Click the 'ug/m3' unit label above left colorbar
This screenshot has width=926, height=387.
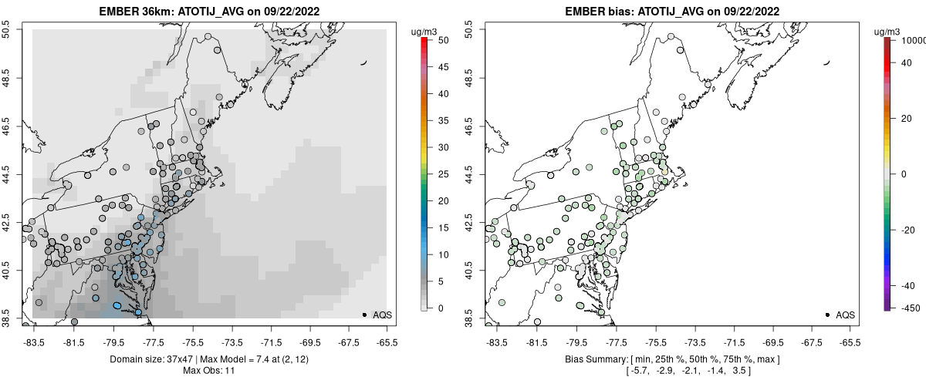[x=424, y=31]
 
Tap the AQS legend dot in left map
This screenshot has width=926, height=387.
[x=363, y=315]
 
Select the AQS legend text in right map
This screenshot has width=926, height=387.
[x=845, y=315]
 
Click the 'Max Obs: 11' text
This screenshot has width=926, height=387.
[x=209, y=371]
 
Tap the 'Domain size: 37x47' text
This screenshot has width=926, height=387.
[x=146, y=359]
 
